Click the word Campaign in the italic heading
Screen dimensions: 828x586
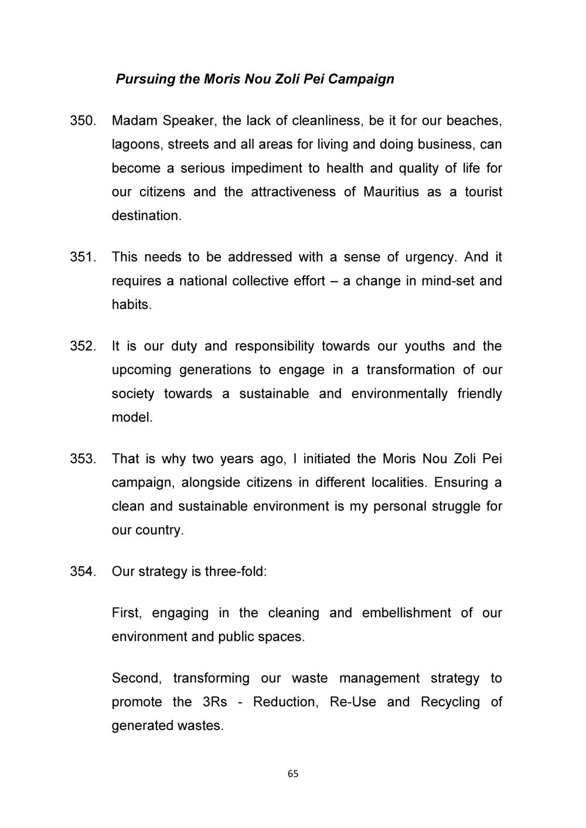tap(361, 78)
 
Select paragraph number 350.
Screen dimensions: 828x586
tap(83, 121)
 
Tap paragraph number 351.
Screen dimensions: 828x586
tap(82, 258)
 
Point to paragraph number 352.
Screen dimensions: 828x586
tap(82, 347)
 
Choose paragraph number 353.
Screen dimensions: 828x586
tap(82, 459)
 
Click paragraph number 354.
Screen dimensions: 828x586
tap(82, 572)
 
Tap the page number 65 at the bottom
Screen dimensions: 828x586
tap(293, 774)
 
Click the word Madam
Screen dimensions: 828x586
tap(134, 121)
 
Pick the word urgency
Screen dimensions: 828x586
tap(432, 258)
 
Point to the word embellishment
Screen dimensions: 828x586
tap(407, 613)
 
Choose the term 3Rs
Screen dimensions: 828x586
tap(214, 702)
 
